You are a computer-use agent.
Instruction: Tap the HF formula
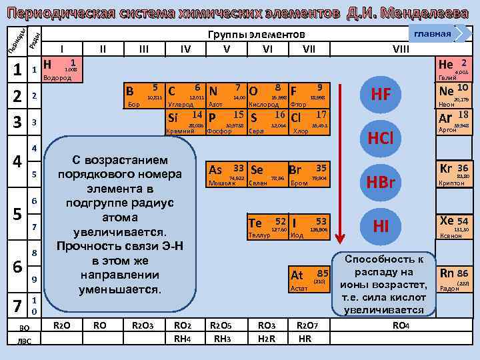tap(380, 95)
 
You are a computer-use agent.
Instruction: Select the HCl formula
tap(380, 138)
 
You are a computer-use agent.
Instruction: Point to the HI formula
tap(381, 227)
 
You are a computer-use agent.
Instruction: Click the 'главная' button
tap(433, 34)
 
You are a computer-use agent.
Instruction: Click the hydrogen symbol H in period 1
tap(47, 65)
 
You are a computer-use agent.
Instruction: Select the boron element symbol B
tap(130, 91)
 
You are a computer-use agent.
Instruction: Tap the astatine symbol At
tap(297, 275)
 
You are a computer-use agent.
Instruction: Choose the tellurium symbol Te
tap(255, 223)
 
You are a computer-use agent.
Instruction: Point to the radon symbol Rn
tap(445, 273)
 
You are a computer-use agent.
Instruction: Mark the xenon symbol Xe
tap(445, 221)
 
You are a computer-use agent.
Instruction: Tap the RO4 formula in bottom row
tap(401, 326)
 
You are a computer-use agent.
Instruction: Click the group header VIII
tap(401, 49)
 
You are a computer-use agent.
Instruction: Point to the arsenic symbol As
tap(215, 169)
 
